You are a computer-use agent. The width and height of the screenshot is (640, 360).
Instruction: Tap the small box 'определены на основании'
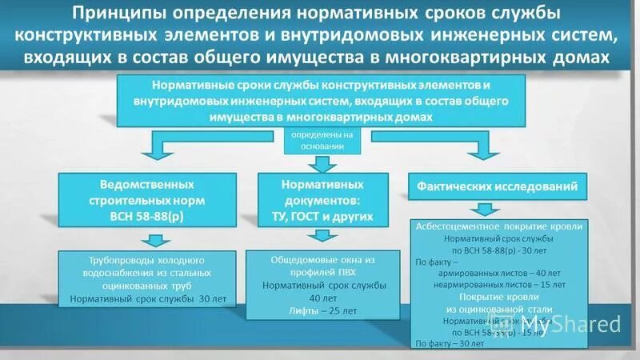(320, 141)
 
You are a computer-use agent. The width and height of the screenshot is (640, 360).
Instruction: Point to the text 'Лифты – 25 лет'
(323, 311)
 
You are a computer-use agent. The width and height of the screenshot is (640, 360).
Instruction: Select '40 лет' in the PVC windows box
(323, 298)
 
